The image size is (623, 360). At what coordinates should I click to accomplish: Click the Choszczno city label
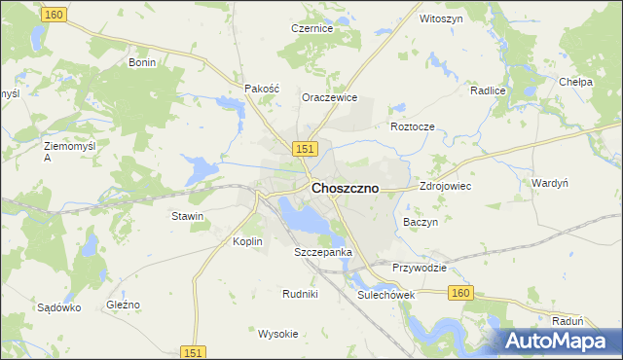pyautogui.click(x=345, y=189)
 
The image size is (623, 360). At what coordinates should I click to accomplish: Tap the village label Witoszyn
pyautogui.click(x=439, y=18)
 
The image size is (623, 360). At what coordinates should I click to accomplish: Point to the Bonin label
pyautogui.click(x=142, y=62)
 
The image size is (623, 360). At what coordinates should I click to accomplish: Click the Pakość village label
pyautogui.click(x=261, y=88)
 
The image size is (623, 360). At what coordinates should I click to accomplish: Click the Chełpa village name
pyautogui.click(x=576, y=83)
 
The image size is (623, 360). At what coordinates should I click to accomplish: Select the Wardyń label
pyautogui.click(x=550, y=183)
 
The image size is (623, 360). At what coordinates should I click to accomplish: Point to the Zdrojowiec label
pyautogui.click(x=445, y=185)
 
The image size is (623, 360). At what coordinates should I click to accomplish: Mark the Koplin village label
pyautogui.click(x=248, y=241)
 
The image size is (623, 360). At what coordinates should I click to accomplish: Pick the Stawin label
pyautogui.click(x=187, y=216)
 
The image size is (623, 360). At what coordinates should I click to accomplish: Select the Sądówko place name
pyautogui.click(x=58, y=307)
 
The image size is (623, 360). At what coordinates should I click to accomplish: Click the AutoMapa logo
pyautogui.click(x=556, y=341)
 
